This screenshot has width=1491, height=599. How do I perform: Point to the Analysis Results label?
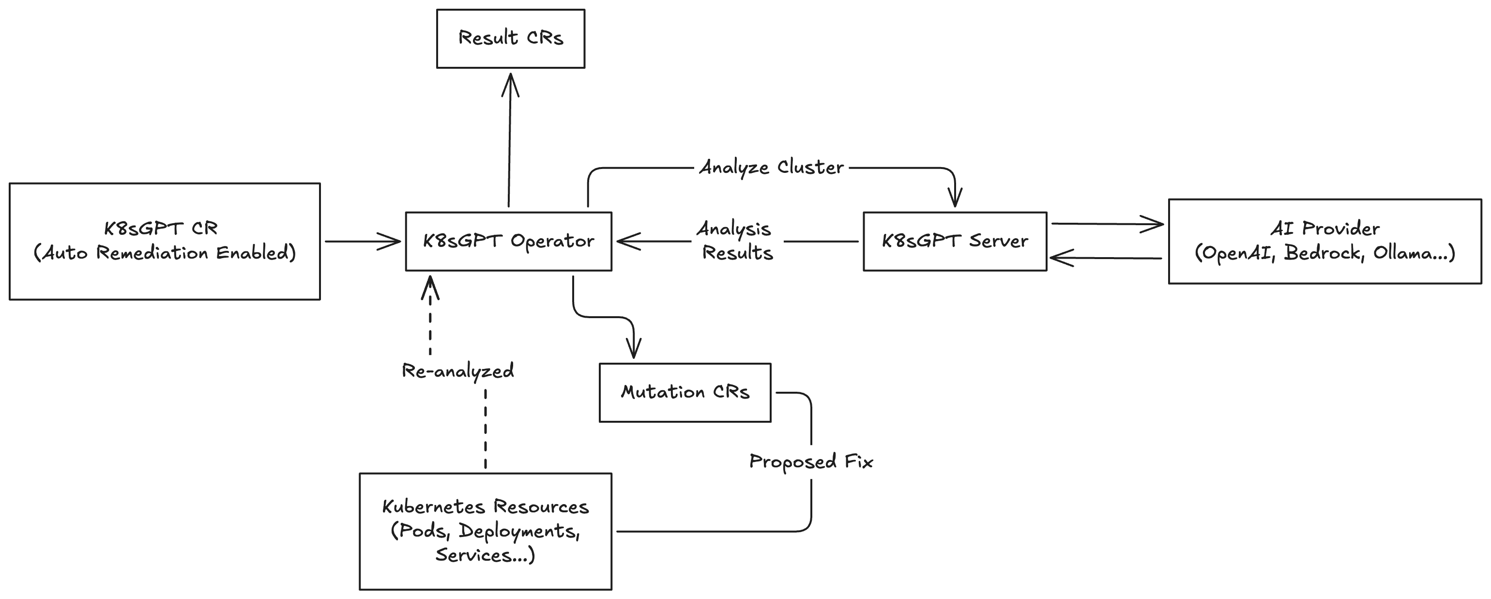tap(735, 241)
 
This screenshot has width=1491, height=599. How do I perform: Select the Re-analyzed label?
tap(458, 371)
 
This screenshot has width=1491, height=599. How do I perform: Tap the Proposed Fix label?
tap(811, 462)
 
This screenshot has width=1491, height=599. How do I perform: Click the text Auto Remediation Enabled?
tap(165, 253)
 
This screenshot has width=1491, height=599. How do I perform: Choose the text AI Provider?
tap(1325, 229)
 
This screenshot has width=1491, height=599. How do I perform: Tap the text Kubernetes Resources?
tap(486, 507)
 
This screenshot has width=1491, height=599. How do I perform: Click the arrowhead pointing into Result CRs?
tap(510, 84)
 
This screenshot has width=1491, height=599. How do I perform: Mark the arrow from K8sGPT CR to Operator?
tap(363, 241)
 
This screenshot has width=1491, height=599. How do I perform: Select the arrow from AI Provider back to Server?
tap(1106, 258)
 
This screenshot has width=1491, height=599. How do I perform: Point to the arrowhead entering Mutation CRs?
tap(634, 347)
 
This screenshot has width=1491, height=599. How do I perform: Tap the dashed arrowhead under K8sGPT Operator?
tap(430, 288)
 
